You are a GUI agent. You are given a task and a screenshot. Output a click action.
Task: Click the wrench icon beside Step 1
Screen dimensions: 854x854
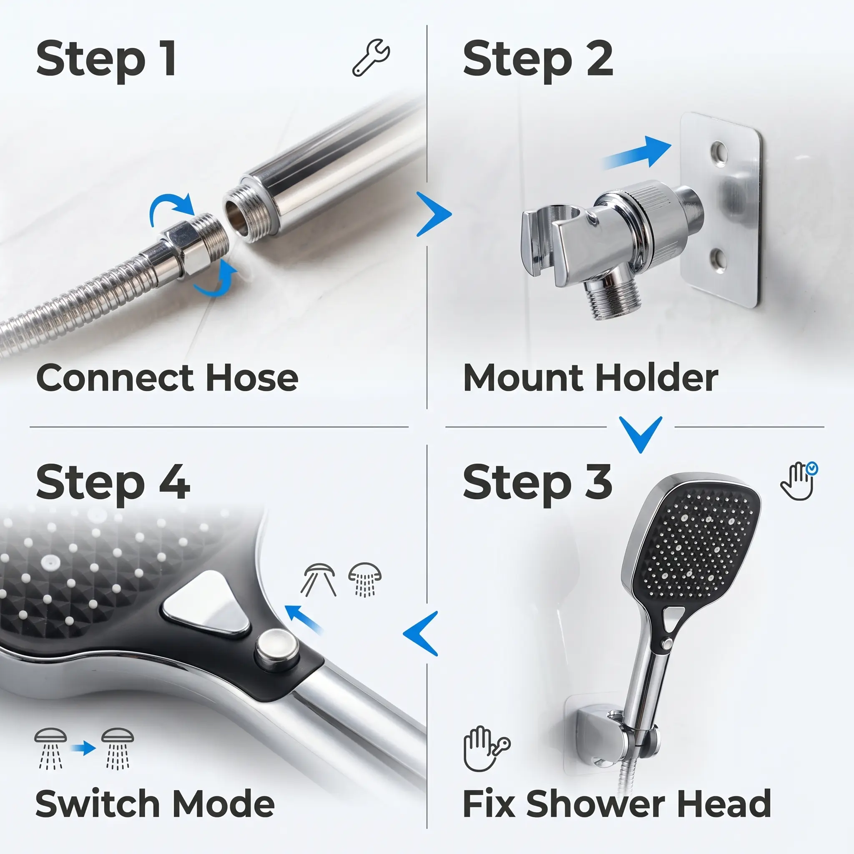coord(371,58)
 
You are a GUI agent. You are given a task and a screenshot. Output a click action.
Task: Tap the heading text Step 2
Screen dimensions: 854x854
coord(538,60)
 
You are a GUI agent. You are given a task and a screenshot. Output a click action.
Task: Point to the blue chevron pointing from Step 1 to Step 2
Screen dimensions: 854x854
coord(434,214)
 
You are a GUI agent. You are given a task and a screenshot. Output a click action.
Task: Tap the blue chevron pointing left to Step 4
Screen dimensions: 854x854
coord(420,633)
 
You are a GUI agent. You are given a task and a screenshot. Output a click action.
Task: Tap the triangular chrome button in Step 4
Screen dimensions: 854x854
coord(207,603)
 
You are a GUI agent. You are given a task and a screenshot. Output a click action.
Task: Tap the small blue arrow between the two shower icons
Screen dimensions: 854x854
coord(83,748)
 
